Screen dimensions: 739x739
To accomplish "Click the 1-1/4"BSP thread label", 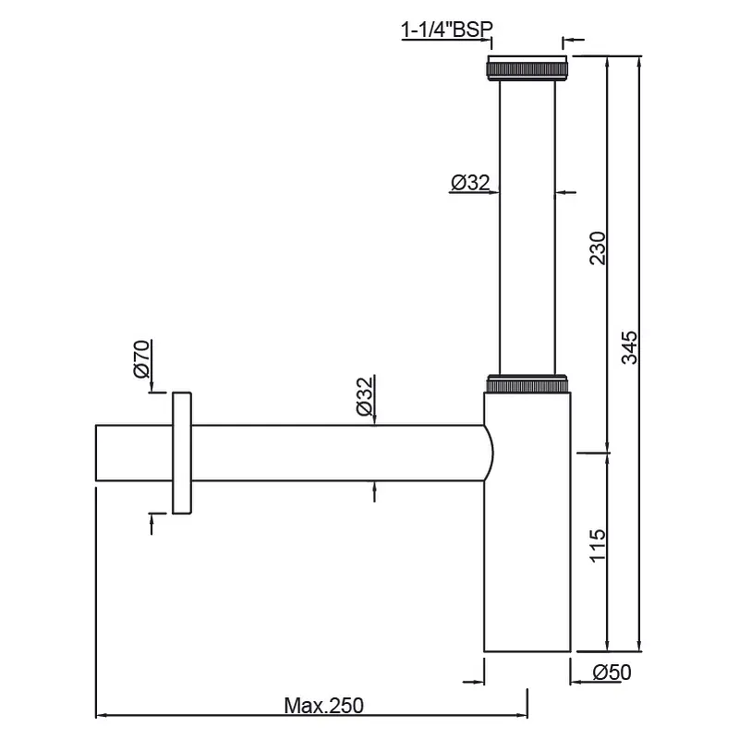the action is [446, 30].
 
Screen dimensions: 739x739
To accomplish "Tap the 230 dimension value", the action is [598, 248].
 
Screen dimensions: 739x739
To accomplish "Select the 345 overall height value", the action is [629, 348].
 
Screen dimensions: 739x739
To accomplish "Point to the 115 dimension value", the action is [598, 545].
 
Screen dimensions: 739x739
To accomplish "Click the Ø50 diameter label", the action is [612, 672].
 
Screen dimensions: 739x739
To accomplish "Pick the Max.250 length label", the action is [324, 706].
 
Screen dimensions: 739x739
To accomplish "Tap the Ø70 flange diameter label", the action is [142, 358].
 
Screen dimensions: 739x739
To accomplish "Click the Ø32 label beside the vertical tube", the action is [470, 182].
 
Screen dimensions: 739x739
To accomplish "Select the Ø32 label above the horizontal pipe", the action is [365, 396].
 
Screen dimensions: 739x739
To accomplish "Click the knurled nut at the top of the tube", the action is [527, 67].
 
